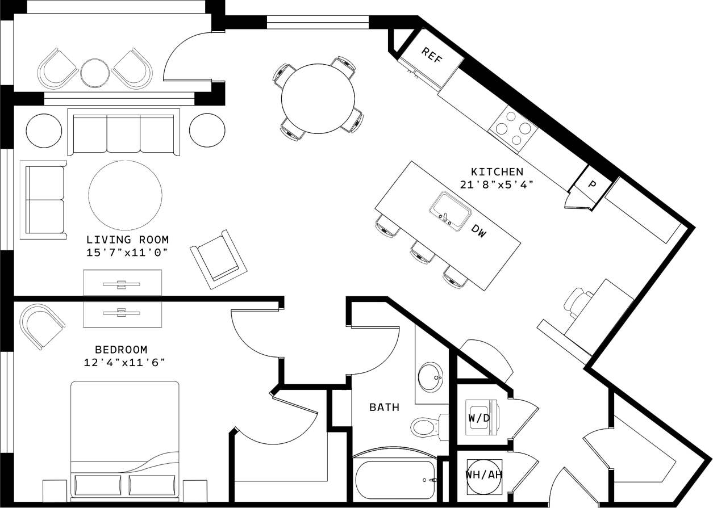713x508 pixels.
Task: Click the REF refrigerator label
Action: (432, 55)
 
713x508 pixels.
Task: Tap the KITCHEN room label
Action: (497, 171)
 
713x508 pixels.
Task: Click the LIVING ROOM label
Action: (128, 240)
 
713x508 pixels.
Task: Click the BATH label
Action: (384, 407)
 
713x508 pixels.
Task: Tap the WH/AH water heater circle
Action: (483, 475)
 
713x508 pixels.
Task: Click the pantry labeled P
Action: (591, 184)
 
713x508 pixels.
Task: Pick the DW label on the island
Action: (479, 230)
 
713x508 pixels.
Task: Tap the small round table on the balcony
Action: (95, 73)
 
